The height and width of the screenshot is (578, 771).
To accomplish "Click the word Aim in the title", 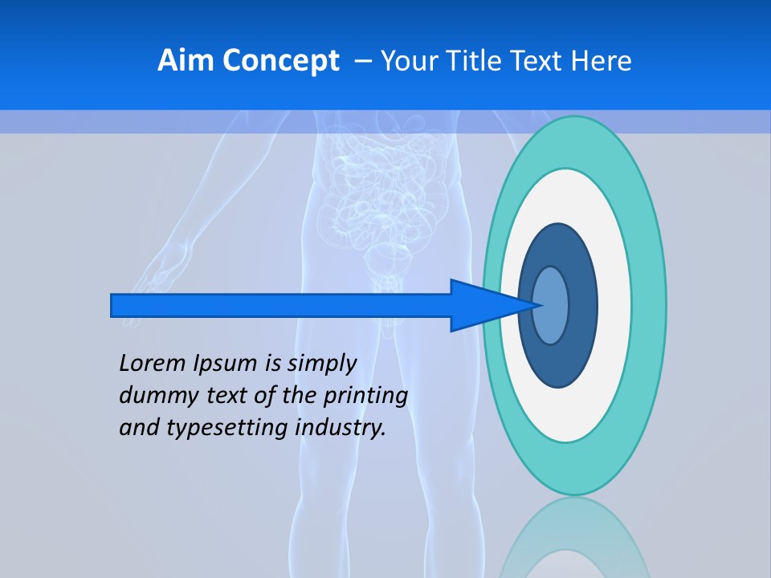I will coord(186,61).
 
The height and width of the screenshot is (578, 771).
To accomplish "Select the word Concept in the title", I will coord(280,61).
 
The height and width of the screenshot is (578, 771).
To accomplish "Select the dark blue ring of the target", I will coord(581,306).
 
